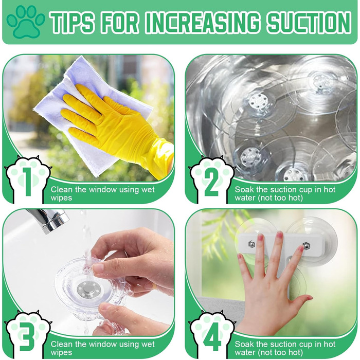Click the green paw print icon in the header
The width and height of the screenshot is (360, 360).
(x=26, y=22)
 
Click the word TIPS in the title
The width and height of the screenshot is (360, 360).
(x=71, y=22)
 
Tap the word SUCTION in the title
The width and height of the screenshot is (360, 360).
(x=309, y=22)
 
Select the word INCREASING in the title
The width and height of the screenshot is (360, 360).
(x=203, y=22)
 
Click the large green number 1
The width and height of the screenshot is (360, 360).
(x=28, y=182)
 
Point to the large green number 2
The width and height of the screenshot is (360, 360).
(x=211, y=182)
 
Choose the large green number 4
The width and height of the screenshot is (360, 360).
(x=212, y=337)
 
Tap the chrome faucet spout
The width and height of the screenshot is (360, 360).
(x=49, y=221)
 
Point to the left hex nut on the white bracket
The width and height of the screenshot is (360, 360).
(x=252, y=244)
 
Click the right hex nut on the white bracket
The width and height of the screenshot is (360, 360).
(x=305, y=246)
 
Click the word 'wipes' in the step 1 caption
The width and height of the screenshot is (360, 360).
(x=61, y=198)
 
